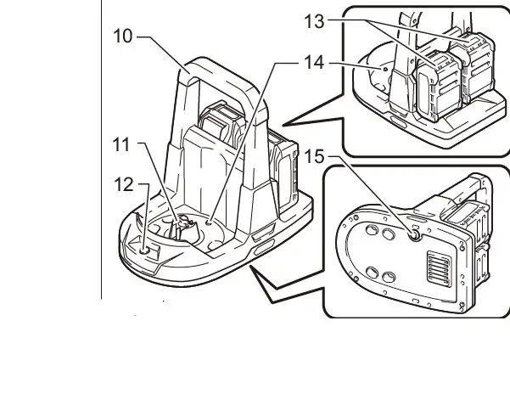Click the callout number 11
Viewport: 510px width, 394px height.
122,144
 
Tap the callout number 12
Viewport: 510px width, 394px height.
124,182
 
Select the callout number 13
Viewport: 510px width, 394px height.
314,21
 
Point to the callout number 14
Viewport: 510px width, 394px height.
314,63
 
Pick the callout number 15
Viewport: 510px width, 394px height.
315,157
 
